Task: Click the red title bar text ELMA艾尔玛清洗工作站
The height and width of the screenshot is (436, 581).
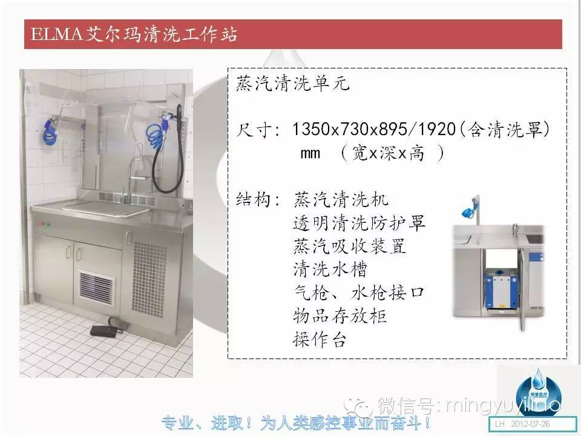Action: click(x=134, y=35)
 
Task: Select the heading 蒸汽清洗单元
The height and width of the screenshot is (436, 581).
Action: click(x=292, y=84)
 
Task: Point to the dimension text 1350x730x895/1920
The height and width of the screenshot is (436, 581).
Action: click(x=374, y=130)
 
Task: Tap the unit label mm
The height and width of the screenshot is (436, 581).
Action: click(x=310, y=153)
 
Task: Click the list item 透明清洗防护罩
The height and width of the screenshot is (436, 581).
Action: click(x=359, y=223)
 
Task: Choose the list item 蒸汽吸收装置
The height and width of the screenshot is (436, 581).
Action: click(x=349, y=246)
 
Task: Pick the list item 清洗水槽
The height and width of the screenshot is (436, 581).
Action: click(x=330, y=269)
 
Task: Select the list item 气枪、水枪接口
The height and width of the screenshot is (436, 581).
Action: click(x=359, y=292)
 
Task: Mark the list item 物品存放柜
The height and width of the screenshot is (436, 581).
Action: click(x=340, y=316)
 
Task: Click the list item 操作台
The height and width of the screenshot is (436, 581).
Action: click(x=320, y=339)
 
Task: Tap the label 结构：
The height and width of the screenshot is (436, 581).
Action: click(x=258, y=200)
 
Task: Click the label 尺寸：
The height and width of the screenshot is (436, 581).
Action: click(x=258, y=130)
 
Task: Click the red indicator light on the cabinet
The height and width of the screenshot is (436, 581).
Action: click(x=43, y=224)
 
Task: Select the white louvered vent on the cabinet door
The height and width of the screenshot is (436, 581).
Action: click(x=97, y=288)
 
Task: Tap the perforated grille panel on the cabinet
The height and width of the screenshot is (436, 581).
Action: click(x=149, y=280)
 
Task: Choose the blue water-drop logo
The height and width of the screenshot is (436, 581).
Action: click(x=538, y=393)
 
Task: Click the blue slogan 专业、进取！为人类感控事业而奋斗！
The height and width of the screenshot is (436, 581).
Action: click(x=297, y=423)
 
